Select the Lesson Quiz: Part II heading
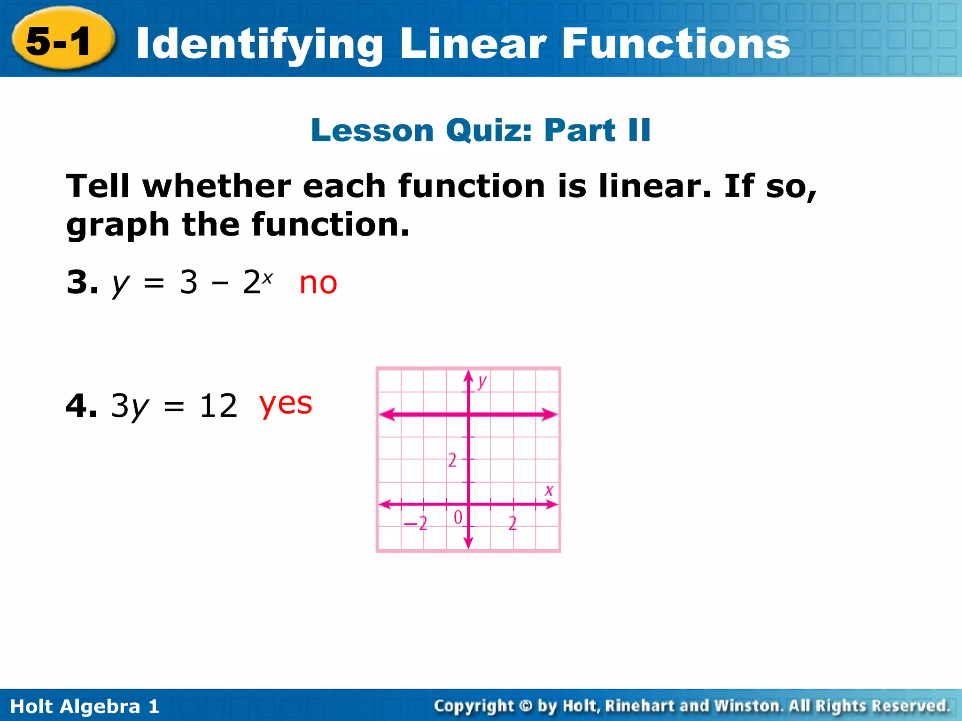[481, 130]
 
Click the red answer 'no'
[318, 283]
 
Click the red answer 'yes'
[286, 404]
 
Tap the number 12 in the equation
[218, 406]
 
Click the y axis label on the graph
[481, 381]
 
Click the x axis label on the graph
[549, 491]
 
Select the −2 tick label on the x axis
[416, 523]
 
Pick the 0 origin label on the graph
[458, 517]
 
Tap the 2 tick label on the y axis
[452, 460]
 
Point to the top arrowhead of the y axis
[468, 376]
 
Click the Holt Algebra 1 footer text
[85, 706]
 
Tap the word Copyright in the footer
[473, 706]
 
